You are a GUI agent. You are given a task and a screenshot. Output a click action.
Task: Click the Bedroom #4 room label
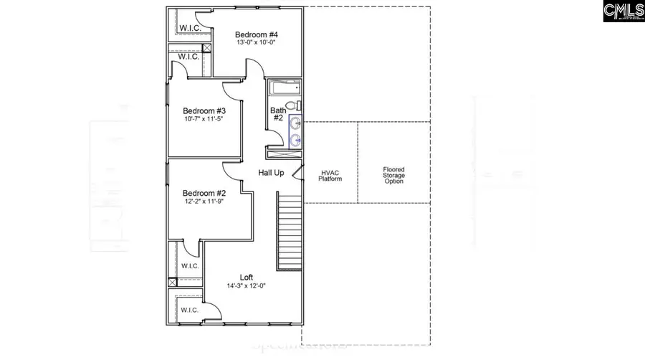pos(257,34)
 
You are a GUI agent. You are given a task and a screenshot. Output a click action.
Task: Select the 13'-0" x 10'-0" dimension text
pos(257,42)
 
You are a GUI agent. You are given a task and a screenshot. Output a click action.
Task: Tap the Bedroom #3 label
pos(204,110)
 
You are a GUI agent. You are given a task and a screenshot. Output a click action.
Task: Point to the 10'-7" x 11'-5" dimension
pos(204,119)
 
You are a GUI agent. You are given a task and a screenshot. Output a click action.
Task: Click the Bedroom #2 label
pos(204,193)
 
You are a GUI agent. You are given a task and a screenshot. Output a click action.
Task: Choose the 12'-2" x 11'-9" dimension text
pos(204,202)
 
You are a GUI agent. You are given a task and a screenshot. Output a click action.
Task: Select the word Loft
pos(247,277)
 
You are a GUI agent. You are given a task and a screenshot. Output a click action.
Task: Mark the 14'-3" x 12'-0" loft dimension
pos(247,285)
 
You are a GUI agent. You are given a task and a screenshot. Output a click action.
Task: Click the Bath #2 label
pos(278,115)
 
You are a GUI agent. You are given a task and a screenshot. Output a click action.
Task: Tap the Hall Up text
pos(272,174)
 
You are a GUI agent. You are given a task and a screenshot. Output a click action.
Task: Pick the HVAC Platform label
pos(330,174)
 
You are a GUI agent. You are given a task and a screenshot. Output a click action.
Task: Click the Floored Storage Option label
pos(393,175)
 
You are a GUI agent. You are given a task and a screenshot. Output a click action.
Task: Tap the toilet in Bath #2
pos(295,106)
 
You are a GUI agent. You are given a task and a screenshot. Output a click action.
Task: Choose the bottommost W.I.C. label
pos(189,310)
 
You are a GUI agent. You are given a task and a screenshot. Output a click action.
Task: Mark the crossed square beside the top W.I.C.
pos(207,48)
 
